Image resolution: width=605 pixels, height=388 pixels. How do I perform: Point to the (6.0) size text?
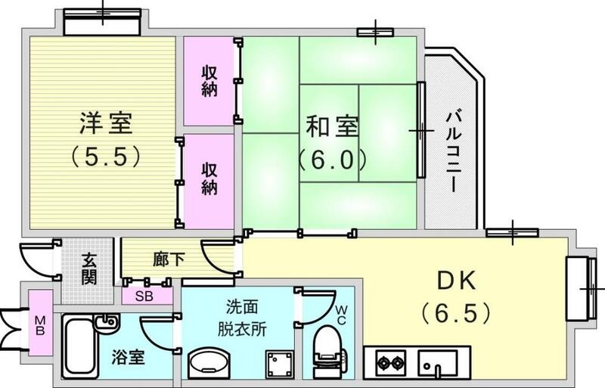coord(331,160)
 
